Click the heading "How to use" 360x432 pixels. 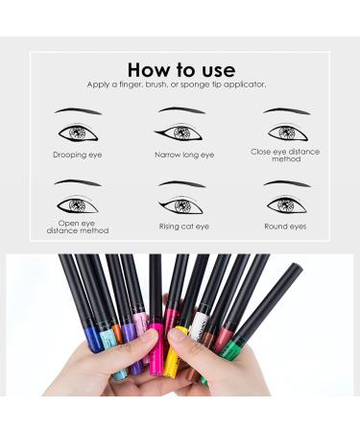click(x=180, y=69)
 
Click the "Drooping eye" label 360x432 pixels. click(x=77, y=154)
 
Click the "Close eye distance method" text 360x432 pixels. click(x=286, y=156)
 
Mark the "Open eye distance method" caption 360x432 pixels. click(x=77, y=227)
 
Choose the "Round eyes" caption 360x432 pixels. click(x=286, y=227)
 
